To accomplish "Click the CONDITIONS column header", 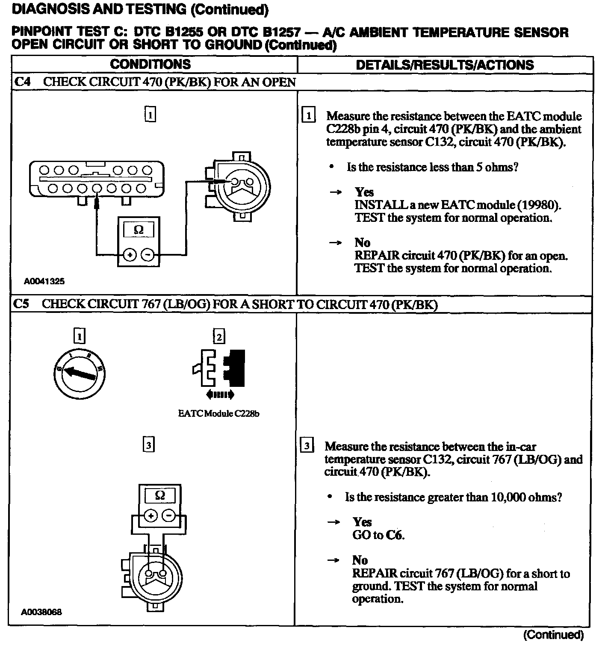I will pyautogui.click(x=150, y=64).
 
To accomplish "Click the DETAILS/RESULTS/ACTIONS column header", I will pyautogui.click(x=445, y=65).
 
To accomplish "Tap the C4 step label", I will pyautogui.click(x=22, y=82).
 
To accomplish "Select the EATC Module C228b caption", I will pyautogui.click(x=218, y=413).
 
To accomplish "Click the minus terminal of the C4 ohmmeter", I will pyautogui.click(x=148, y=255).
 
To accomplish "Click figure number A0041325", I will pyautogui.click(x=44, y=281).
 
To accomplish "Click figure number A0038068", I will pyautogui.click(x=41, y=612).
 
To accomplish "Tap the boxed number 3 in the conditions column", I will pyautogui.click(x=148, y=445).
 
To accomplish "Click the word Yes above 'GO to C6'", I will pyautogui.click(x=362, y=522).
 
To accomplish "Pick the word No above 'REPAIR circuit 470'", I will pyautogui.click(x=362, y=243).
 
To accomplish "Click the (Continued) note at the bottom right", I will pyautogui.click(x=553, y=635).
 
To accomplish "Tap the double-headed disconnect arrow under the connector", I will pyautogui.click(x=220, y=395).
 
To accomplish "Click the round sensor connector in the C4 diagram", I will pyautogui.click(x=241, y=187).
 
